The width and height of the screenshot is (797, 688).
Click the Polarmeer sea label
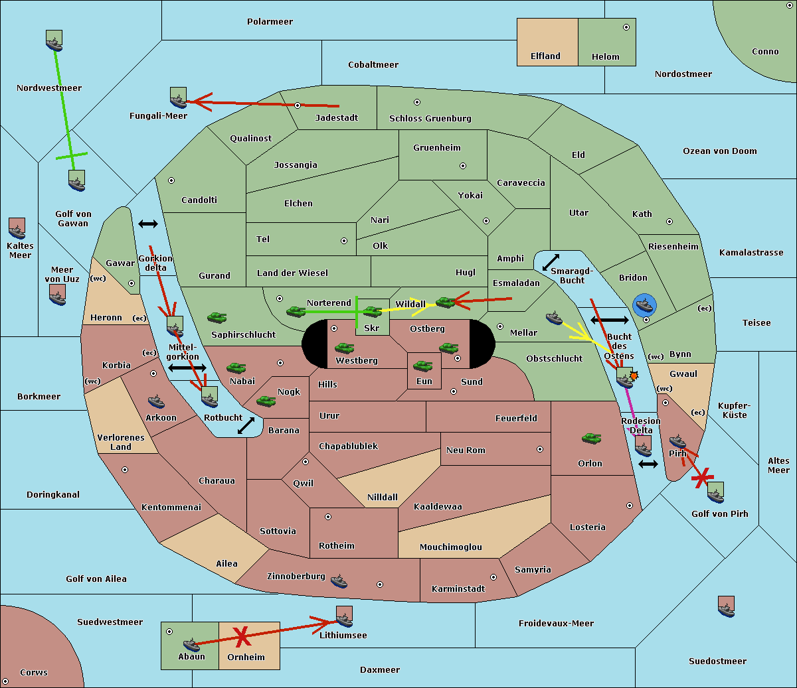coord(270,22)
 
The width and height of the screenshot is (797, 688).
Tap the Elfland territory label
coord(545,56)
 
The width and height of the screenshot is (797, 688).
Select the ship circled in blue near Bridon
coord(644,305)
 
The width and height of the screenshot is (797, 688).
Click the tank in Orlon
coord(592,439)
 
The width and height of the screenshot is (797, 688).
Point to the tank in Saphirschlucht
coord(217,317)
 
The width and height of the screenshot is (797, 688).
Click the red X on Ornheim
coord(242,637)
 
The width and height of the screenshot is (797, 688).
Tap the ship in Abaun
coord(191,645)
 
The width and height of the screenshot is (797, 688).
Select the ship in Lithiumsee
coord(344,617)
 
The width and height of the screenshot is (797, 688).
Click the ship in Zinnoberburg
coord(339,581)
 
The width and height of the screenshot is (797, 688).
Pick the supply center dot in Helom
coord(626,27)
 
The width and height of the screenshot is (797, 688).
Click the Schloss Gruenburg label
coord(430,118)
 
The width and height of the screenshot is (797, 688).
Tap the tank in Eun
coord(422,366)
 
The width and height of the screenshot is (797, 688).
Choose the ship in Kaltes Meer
coord(17,228)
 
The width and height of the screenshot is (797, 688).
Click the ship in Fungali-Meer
coord(178,98)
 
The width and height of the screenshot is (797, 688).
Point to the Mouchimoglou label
coord(451,547)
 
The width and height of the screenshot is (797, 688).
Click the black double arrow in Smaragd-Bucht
coord(551,262)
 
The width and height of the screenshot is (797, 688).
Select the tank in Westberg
coord(344,348)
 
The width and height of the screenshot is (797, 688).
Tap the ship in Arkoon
coord(156,402)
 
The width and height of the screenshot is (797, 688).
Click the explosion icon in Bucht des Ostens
coord(634,376)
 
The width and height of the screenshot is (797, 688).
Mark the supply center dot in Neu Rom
coord(540,449)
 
